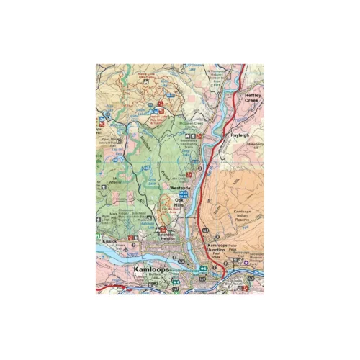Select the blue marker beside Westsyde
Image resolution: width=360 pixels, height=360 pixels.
click(x=184, y=194)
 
